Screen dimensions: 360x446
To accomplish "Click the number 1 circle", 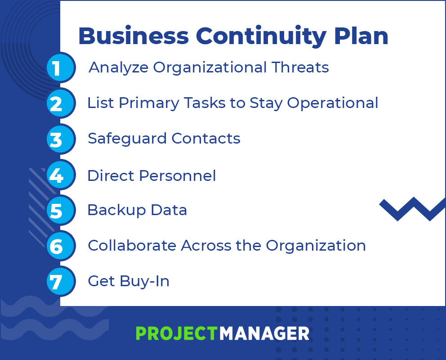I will (x=61, y=68).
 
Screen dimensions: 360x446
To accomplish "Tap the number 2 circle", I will (x=61, y=103).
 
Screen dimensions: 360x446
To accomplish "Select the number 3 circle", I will (x=61, y=139).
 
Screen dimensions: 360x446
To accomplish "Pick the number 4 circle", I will (x=61, y=175).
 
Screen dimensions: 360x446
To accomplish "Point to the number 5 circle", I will (x=61, y=211).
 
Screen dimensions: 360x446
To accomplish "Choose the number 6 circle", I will (x=61, y=246).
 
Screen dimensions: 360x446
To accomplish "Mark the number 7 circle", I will (x=61, y=282).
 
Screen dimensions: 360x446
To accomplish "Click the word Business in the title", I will (x=133, y=36).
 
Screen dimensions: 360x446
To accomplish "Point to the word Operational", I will (x=333, y=103).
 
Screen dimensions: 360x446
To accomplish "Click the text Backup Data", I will (x=137, y=210).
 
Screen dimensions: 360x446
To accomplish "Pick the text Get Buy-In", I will (x=129, y=281).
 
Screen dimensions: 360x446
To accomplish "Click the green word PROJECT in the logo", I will (x=176, y=333).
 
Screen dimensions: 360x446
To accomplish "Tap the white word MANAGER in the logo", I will (x=264, y=333).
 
